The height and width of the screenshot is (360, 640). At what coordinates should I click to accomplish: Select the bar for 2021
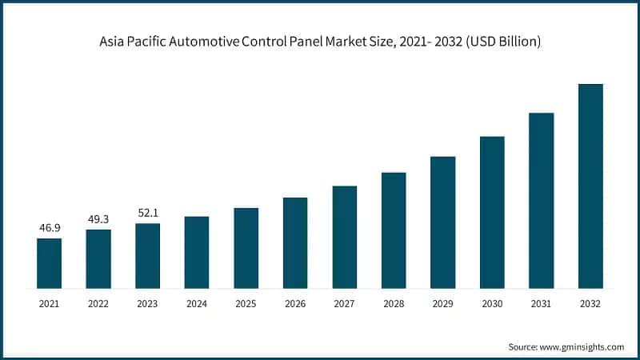click(x=49, y=263)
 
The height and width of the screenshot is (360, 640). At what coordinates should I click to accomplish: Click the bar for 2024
click(x=197, y=252)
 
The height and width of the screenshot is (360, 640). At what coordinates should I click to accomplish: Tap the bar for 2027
click(x=345, y=237)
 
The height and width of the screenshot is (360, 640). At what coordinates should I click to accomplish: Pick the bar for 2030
click(x=492, y=212)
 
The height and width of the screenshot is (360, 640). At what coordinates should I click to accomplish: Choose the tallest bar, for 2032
click(x=590, y=186)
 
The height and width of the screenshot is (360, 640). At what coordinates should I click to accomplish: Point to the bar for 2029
click(x=442, y=222)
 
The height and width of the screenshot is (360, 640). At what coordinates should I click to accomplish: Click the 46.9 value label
click(x=49, y=228)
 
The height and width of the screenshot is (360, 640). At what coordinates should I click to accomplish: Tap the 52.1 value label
click(x=147, y=213)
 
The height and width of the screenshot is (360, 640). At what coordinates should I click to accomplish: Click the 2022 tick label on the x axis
click(x=98, y=304)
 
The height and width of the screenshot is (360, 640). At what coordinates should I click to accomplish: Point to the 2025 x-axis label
click(x=246, y=304)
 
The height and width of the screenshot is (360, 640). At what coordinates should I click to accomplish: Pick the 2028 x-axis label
click(x=394, y=304)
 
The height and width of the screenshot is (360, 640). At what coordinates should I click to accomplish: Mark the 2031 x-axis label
click(x=541, y=304)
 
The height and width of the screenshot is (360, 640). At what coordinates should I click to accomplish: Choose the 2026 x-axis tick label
click(x=295, y=304)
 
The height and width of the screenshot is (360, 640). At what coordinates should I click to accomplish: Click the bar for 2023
click(x=147, y=256)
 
